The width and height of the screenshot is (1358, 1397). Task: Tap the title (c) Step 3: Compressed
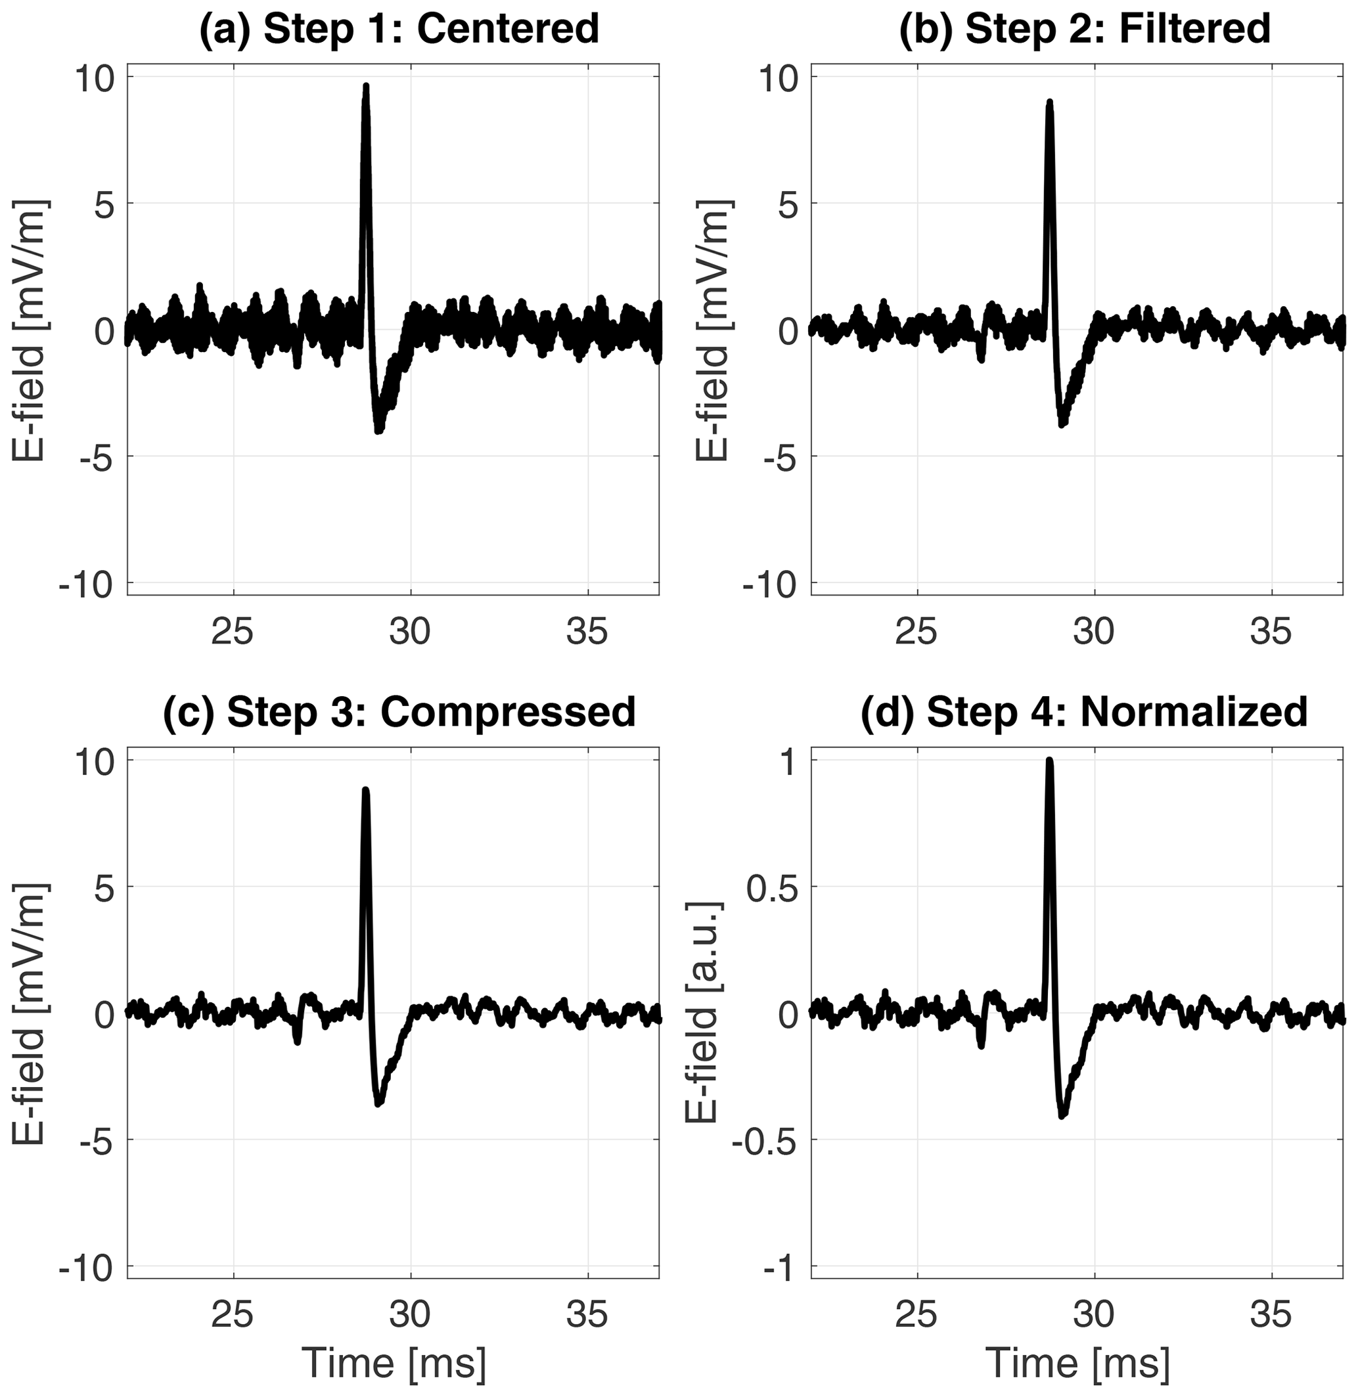tap(399, 711)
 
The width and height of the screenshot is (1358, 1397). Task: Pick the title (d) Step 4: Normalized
tap(1084, 711)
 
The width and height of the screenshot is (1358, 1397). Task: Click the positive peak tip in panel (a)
tap(366, 86)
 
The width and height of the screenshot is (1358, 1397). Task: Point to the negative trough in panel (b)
tap(1063, 424)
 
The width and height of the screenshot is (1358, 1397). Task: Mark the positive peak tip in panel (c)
tap(365, 790)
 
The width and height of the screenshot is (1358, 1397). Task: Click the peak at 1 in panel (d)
tap(1049, 760)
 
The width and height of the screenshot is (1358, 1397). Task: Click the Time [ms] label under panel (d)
tap(1077, 1363)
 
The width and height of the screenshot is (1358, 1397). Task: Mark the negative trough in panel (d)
tap(1063, 1113)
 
